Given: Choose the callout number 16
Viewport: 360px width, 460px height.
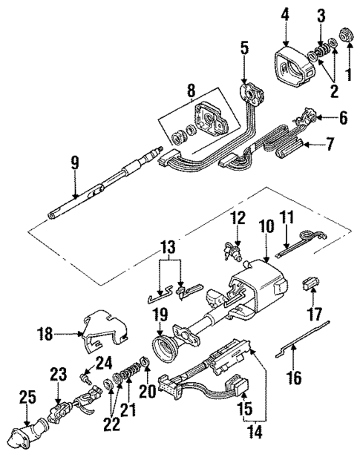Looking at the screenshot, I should click(295, 379).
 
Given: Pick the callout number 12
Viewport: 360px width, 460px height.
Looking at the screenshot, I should click(238, 217).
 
